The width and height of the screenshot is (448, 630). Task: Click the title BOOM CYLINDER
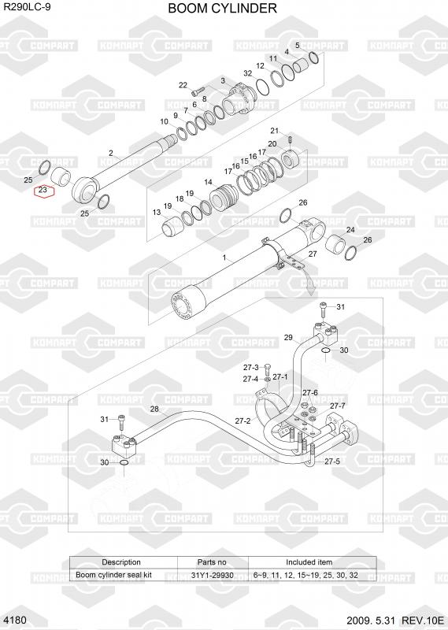click(222, 8)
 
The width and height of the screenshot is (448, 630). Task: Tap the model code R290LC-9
click(27, 7)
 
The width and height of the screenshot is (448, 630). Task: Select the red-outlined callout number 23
click(43, 190)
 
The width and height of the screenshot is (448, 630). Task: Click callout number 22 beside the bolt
click(183, 85)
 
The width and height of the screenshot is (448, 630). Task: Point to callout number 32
click(248, 73)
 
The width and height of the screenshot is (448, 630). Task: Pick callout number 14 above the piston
click(208, 182)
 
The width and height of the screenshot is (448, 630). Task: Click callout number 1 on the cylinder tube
click(224, 258)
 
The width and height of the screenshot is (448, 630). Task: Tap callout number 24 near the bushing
click(350, 230)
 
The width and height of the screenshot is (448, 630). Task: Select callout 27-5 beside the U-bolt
click(332, 461)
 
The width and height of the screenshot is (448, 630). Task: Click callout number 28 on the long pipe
click(154, 409)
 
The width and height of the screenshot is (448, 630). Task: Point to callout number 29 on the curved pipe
click(288, 338)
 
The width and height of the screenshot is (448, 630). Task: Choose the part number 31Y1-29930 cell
click(212, 575)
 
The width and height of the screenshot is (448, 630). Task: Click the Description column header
click(121, 562)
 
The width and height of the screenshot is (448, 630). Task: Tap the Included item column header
click(309, 562)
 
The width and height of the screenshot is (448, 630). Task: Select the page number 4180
click(17, 620)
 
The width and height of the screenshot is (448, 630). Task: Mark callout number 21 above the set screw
click(275, 131)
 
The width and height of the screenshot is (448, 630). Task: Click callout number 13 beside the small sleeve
click(157, 212)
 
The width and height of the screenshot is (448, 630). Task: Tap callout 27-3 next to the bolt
click(250, 367)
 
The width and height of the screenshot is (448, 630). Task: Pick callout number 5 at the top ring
click(298, 45)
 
